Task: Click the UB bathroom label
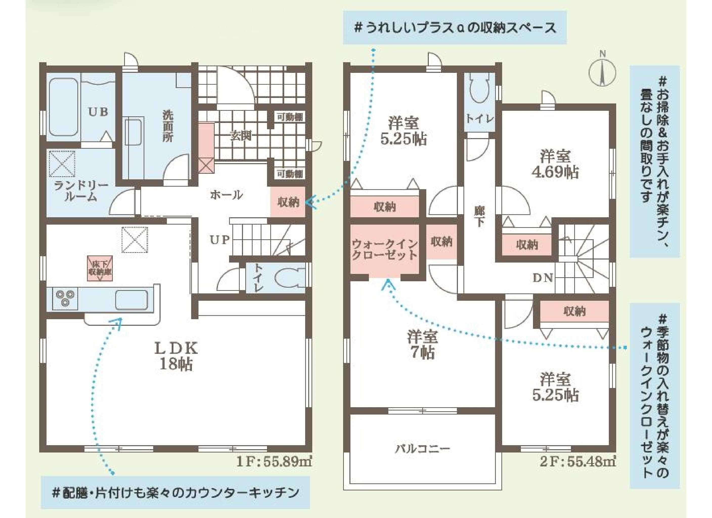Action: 98,112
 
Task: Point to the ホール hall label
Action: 226,195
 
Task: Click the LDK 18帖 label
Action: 176,356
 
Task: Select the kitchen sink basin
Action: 131,299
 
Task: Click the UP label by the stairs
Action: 219,240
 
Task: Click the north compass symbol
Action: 602,73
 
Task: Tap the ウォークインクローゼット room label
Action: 384,250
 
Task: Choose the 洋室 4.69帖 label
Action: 555,164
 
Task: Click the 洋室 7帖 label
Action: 422,344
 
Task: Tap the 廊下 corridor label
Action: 479,217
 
